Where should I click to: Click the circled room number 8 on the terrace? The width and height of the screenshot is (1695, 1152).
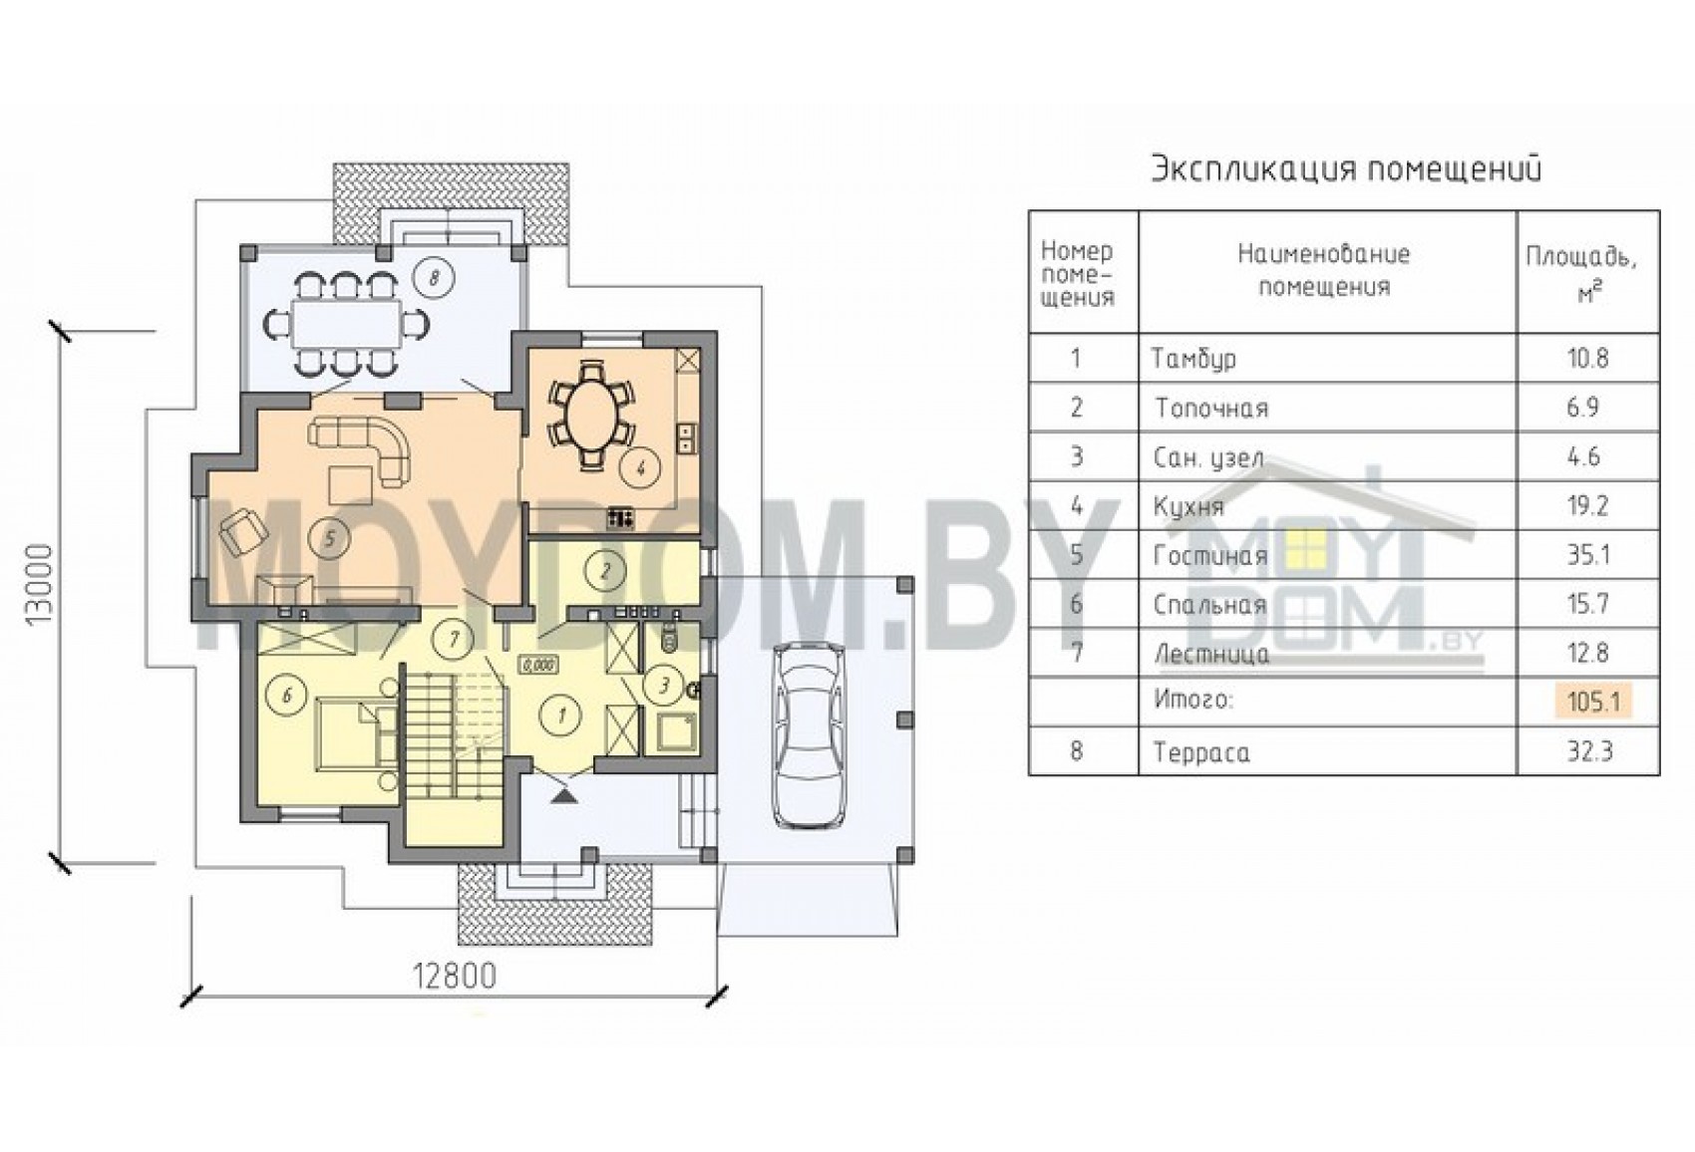(434, 278)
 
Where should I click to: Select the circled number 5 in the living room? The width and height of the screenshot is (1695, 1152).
(329, 538)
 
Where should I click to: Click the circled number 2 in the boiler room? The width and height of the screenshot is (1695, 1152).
(605, 571)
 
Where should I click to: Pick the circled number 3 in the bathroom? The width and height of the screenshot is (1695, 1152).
(664, 686)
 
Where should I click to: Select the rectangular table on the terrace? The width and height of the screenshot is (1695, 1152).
(347, 325)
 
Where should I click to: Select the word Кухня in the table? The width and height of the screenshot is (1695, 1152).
(1189, 507)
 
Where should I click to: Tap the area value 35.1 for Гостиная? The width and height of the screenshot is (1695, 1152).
(1587, 555)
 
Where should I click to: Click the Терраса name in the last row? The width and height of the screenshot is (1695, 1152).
(1201, 753)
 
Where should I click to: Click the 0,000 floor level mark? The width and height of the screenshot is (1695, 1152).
(538, 665)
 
